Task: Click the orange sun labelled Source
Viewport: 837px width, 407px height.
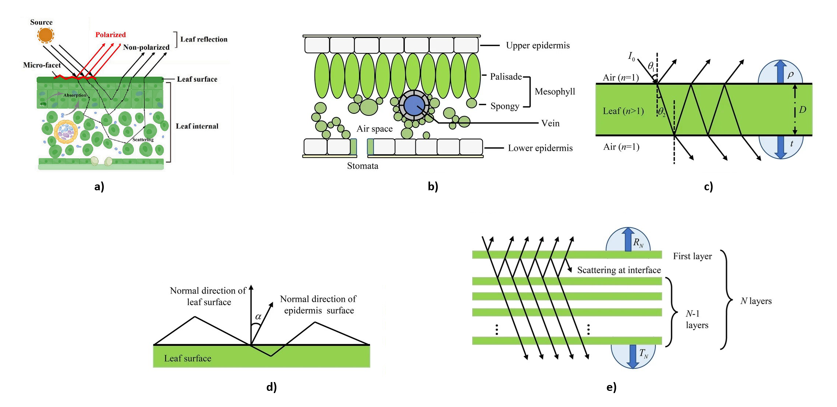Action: pyautogui.click(x=45, y=35)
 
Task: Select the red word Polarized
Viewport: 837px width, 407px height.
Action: pyautogui.click(x=110, y=34)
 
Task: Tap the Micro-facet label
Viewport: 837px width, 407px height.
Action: pyautogui.click(x=42, y=65)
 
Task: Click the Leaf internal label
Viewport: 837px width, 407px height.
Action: pyautogui.click(x=197, y=126)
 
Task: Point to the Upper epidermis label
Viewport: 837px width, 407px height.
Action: pyautogui.click(x=537, y=45)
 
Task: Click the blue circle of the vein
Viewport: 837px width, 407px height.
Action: pyautogui.click(x=414, y=106)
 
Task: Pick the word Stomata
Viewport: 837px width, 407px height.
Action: pyautogui.click(x=363, y=166)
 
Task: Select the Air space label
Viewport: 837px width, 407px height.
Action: pyautogui.click(x=374, y=129)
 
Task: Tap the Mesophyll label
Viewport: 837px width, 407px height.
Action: pyautogui.click(x=555, y=91)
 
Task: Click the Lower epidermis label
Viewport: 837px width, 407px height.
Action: pyautogui.click(x=540, y=148)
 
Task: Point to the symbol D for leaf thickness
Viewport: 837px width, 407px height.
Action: pyautogui.click(x=803, y=110)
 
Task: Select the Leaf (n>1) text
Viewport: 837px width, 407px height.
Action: pyautogui.click(x=623, y=111)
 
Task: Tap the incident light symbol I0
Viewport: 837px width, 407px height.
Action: pyautogui.click(x=631, y=56)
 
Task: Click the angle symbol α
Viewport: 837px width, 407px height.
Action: pyautogui.click(x=258, y=316)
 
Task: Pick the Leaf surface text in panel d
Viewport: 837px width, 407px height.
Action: pyautogui.click(x=187, y=358)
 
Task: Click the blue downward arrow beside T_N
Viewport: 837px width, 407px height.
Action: pyautogui.click(x=632, y=356)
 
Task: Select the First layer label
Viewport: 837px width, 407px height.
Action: pyautogui.click(x=692, y=256)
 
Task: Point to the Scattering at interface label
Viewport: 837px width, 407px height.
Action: pyautogui.click(x=619, y=270)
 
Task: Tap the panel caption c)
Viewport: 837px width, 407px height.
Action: pyautogui.click(x=708, y=186)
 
